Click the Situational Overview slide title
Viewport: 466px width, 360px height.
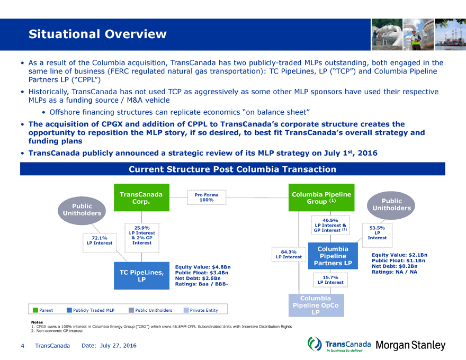(x=97, y=35)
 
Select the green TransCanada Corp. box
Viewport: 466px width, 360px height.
(x=141, y=197)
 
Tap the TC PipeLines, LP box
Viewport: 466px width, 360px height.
(x=141, y=276)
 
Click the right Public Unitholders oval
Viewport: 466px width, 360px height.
(x=392, y=205)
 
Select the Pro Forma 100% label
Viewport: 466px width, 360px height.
(x=207, y=197)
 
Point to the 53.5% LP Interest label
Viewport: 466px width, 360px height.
(x=377, y=232)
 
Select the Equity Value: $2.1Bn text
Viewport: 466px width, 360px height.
(x=399, y=255)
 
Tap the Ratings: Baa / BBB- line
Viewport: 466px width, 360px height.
(x=202, y=284)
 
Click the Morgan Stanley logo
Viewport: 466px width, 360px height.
(x=410, y=346)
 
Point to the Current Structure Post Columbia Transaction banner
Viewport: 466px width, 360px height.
(x=232, y=169)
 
